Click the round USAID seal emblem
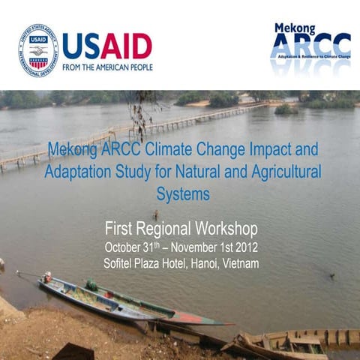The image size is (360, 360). [x=38, y=51]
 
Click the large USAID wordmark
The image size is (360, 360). [x=107, y=46]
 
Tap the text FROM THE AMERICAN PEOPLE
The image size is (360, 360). [x=107, y=67]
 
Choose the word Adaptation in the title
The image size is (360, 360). [x=78, y=171]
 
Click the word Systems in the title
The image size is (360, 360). [x=182, y=194]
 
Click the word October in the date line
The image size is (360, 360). [x=127, y=247]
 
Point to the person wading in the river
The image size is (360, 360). [x=155, y=215]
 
